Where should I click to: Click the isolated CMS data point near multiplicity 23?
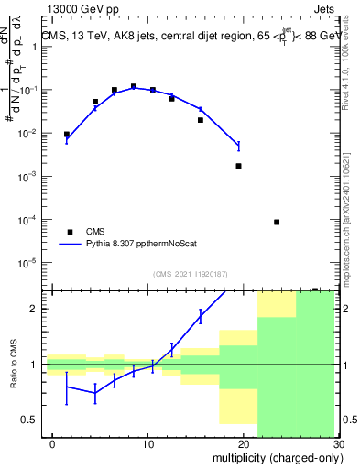click(277, 222)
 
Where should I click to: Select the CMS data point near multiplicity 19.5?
click(238, 166)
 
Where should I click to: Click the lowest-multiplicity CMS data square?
click(66, 134)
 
